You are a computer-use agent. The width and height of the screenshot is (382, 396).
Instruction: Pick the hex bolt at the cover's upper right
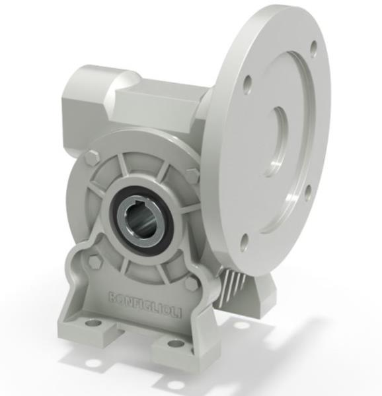192,174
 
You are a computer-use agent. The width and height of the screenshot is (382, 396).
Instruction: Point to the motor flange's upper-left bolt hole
247,84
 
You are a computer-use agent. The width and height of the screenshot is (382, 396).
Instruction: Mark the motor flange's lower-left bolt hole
243,242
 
